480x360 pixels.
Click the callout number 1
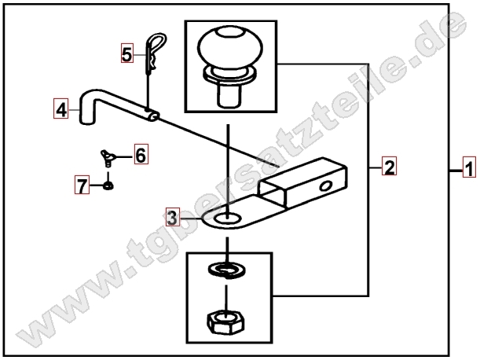coord(469,167)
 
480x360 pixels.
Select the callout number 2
coord(389,166)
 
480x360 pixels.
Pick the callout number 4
coord(61,108)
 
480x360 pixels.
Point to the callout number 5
coord(127,53)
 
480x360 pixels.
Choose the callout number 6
coord(141,154)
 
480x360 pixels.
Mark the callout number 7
coord(82,185)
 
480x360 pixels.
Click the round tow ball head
coord(230,46)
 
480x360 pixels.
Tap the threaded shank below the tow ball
coord(229,96)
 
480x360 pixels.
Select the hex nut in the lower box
coord(226,322)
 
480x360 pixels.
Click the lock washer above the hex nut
coord(226,270)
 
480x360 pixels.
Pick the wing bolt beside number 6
coord(108,158)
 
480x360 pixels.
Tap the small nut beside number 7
coord(108,186)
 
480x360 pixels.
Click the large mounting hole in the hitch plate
coord(228,219)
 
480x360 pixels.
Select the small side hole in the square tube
coord(326,186)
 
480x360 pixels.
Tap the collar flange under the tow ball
coord(230,75)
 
